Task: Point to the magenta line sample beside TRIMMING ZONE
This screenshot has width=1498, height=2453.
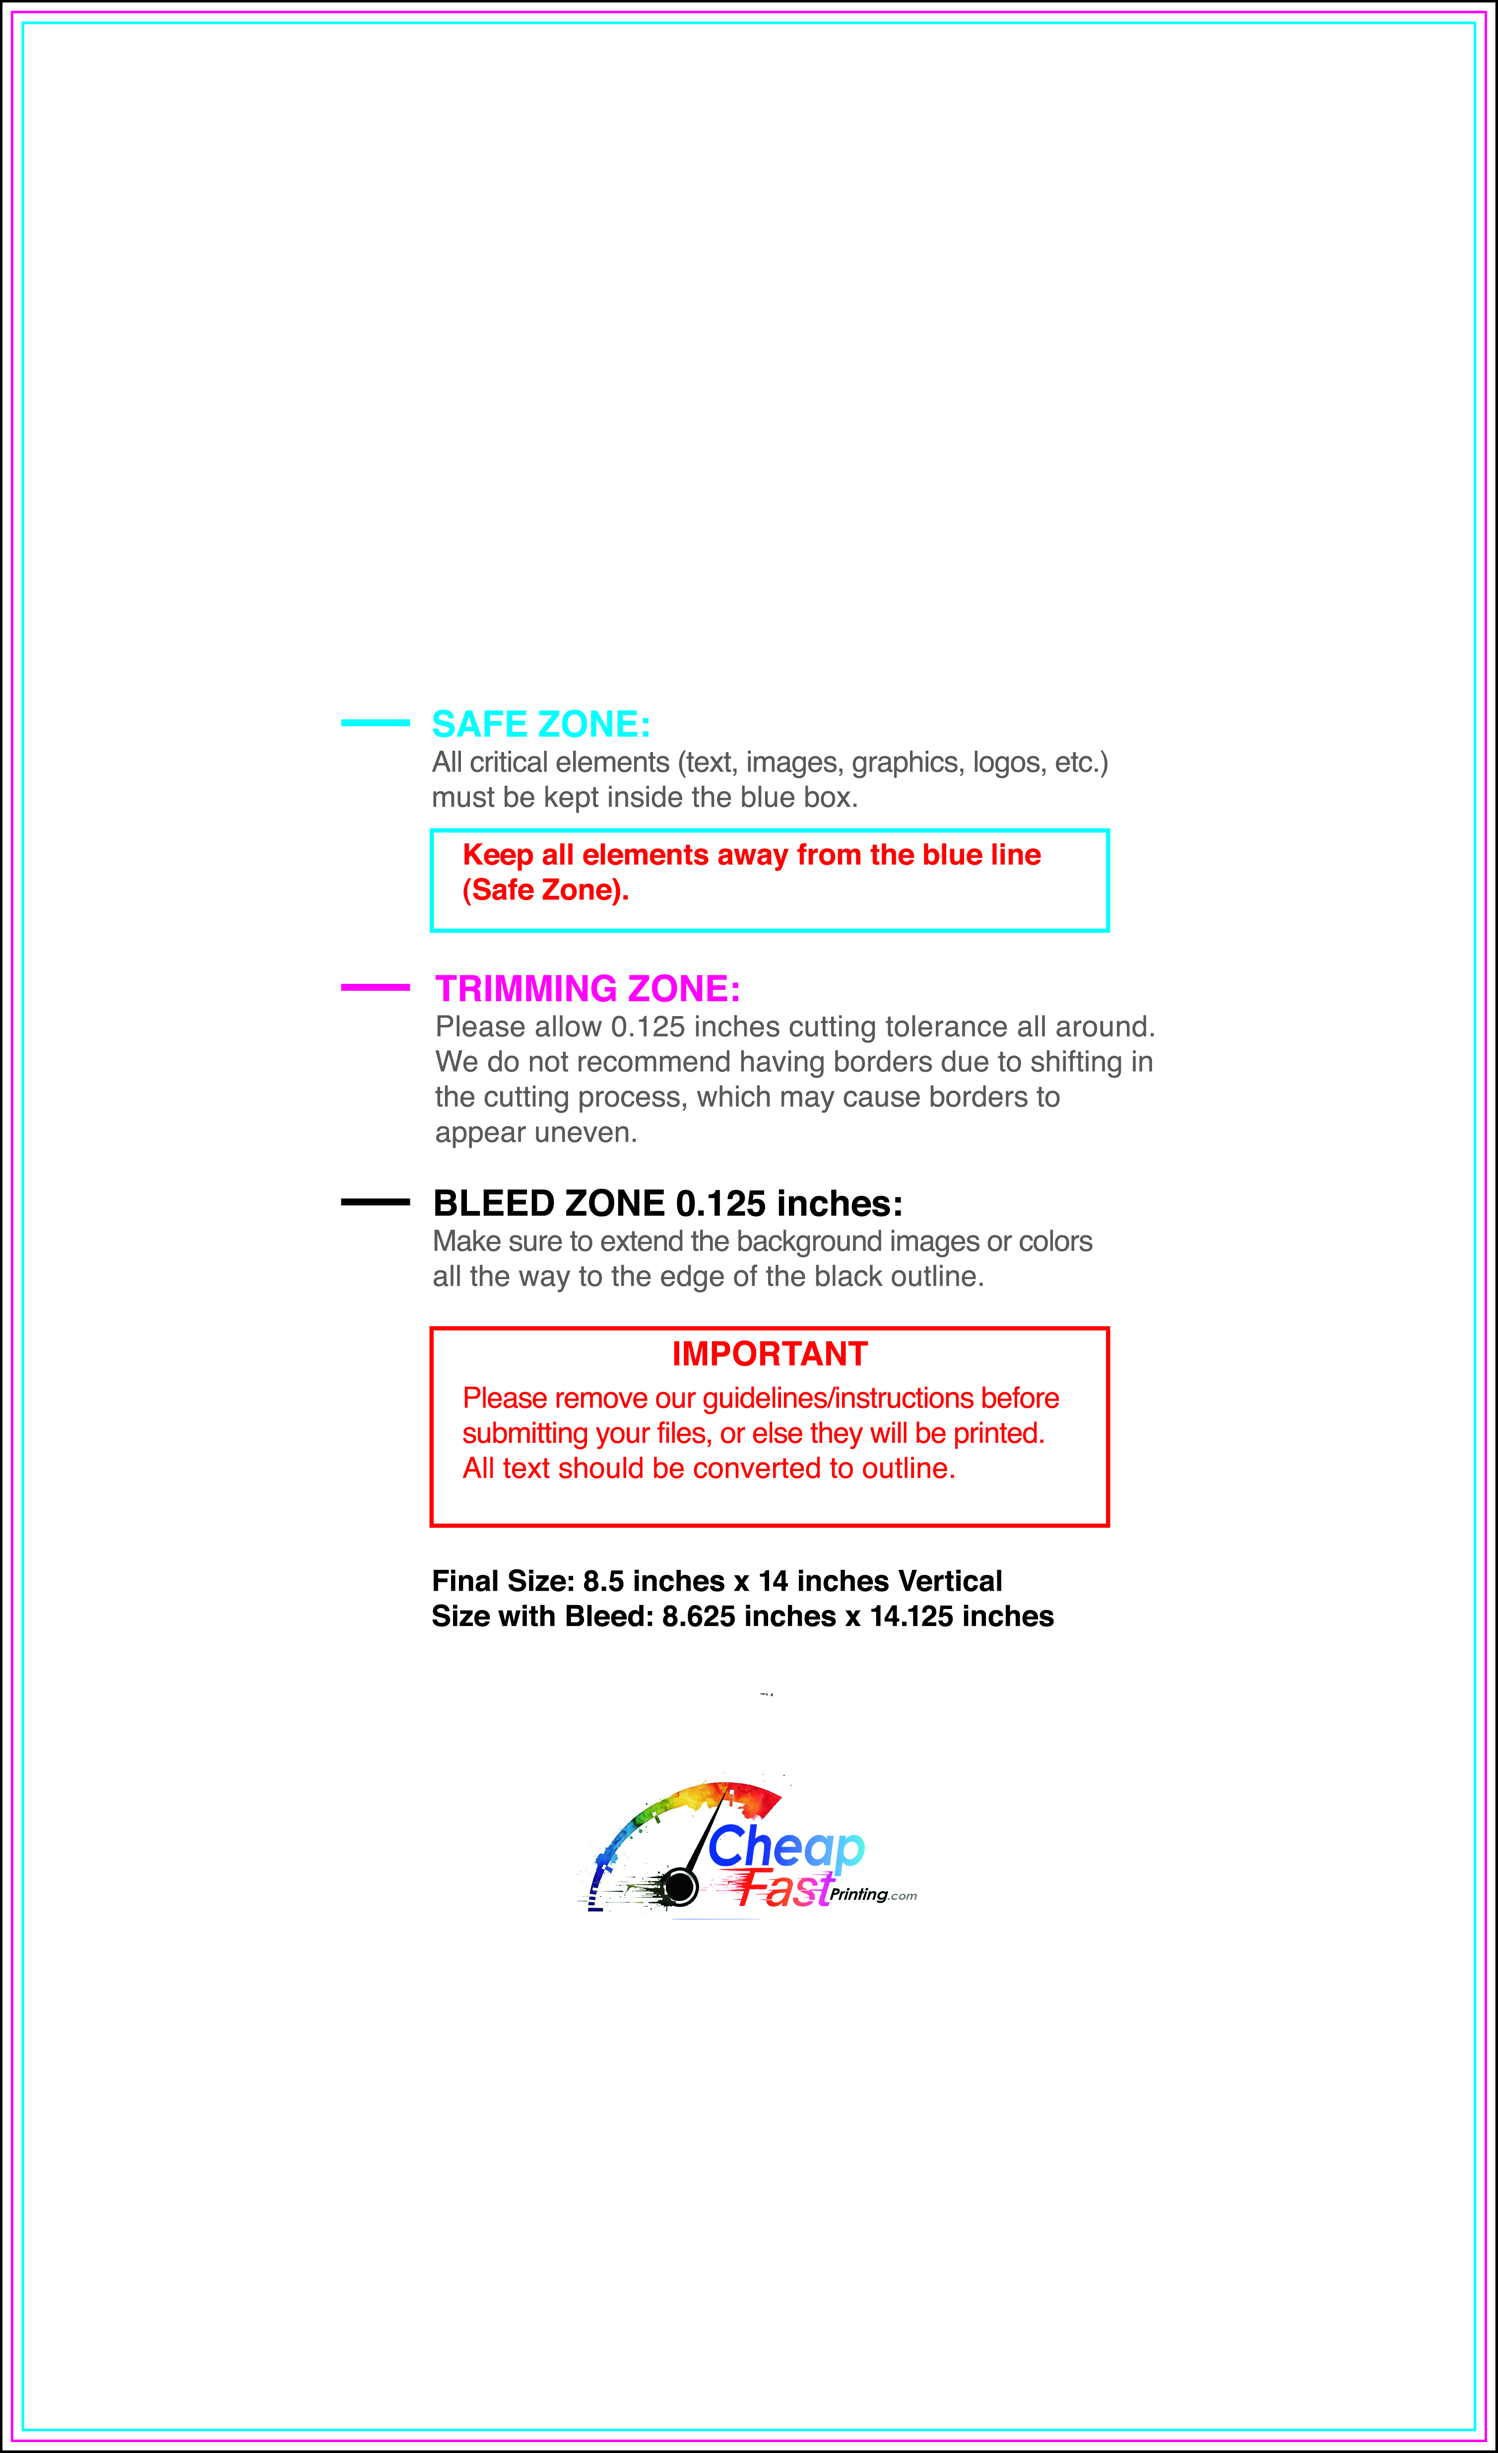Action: point(375,987)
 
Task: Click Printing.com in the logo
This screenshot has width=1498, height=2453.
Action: point(873,1894)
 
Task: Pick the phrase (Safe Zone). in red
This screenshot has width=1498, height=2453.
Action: point(545,890)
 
